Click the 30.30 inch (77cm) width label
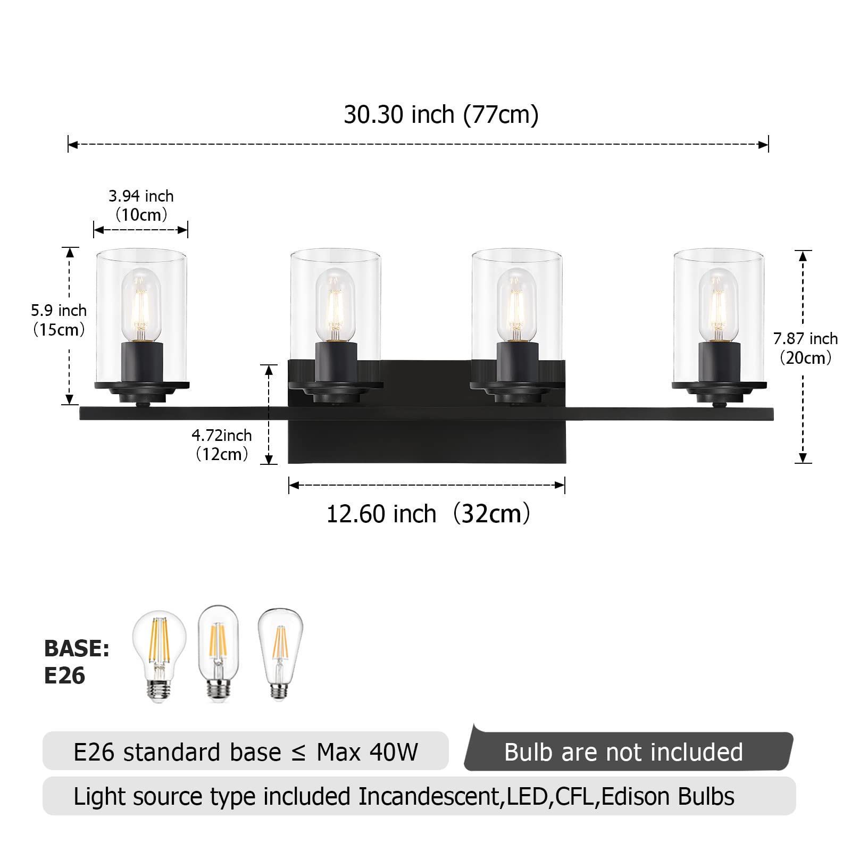click(x=441, y=114)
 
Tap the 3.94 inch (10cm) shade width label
click(x=141, y=205)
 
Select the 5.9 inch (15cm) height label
click(x=59, y=320)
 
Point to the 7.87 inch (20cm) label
click(x=805, y=348)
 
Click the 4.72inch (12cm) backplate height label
click(x=222, y=445)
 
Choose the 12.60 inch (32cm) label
click(x=428, y=514)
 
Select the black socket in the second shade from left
click(x=336, y=362)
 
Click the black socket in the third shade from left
click(x=517, y=362)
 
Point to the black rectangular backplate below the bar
click(x=427, y=441)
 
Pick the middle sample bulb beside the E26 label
click(x=218, y=653)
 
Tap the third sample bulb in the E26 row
click(x=280, y=654)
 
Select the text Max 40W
click(x=367, y=752)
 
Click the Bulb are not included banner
click(x=623, y=752)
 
